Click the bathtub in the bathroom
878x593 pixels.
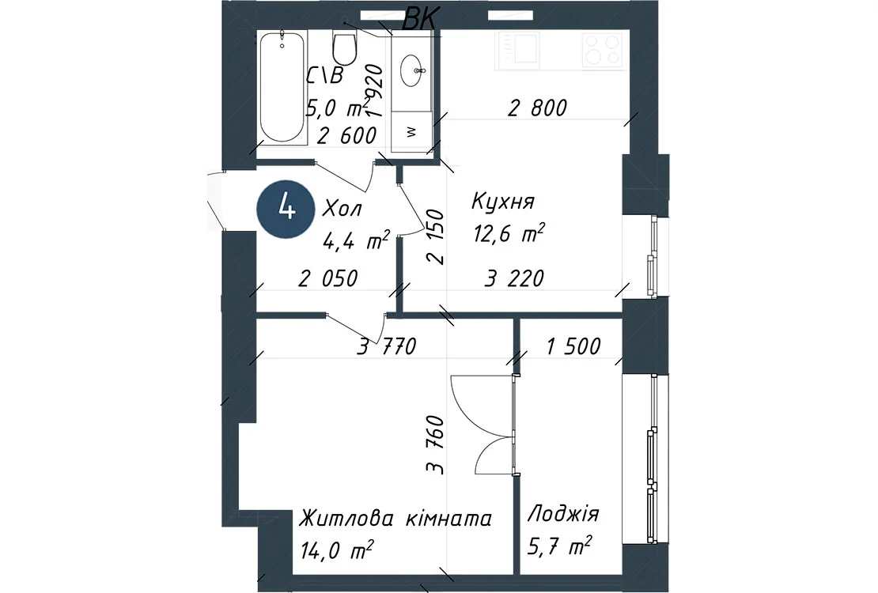[x=282, y=88]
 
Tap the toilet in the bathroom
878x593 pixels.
[x=344, y=47]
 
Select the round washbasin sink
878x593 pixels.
[x=413, y=71]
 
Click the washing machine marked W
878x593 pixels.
[x=411, y=132]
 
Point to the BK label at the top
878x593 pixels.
[x=420, y=20]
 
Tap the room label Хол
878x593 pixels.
[x=342, y=208]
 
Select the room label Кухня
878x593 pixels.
[x=503, y=201]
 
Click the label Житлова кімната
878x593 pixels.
[x=395, y=518]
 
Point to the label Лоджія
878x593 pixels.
[x=562, y=513]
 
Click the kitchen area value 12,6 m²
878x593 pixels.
[x=509, y=233]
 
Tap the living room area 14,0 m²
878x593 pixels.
[x=336, y=550]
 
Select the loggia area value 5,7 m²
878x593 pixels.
[x=559, y=545]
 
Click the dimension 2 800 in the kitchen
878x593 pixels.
[x=538, y=108]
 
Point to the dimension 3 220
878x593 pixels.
[x=514, y=278]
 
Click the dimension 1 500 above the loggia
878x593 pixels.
[x=573, y=346]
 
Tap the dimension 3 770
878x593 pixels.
[x=387, y=346]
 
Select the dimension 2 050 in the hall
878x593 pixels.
[x=327, y=278]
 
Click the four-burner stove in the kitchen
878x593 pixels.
[x=603, y=49]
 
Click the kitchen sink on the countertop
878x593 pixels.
[x=517, y=49]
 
